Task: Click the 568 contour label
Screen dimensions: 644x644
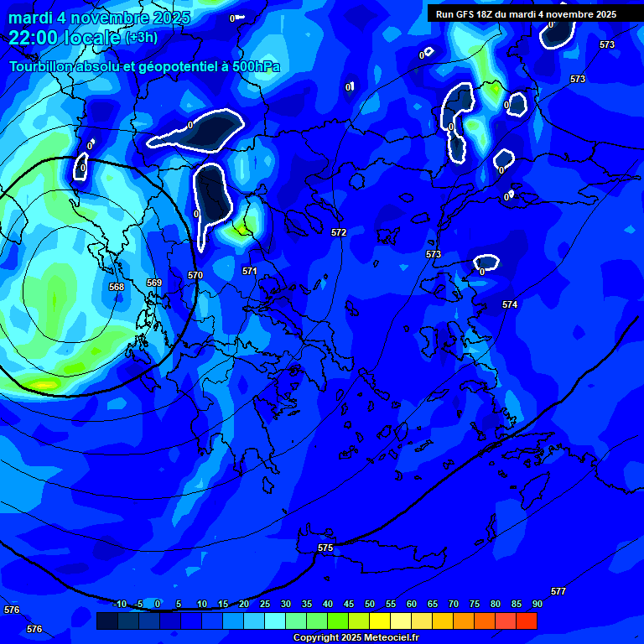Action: click(x=117, y=287)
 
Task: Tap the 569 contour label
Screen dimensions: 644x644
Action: click(x=154, y=283)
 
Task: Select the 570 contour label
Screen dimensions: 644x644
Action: click(x=195, y=275)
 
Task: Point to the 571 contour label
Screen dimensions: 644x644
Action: click(x=250, y=271)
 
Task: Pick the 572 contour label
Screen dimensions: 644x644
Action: click(x=339, y=232)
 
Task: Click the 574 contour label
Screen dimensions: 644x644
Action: click(x=510, y=304)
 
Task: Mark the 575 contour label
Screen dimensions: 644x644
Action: click(x=325, y=548)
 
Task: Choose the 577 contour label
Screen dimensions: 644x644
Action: click(x=558, y=591)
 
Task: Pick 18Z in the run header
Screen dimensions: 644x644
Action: click(x=491, y=14)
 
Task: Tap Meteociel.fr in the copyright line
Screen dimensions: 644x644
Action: click(x=387, y=637)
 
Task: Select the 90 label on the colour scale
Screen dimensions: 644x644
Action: click(x=538, y=604)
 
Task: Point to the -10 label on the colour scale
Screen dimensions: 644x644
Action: click(x=120, y=604)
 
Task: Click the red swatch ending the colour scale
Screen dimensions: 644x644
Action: click(x=527, y=621)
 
